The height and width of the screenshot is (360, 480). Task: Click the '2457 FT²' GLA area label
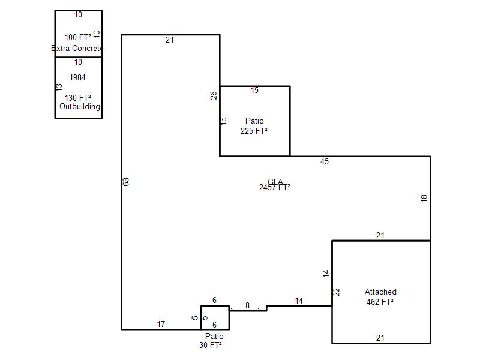pos(274,188)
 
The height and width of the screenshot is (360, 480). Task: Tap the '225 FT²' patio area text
pos(254,131)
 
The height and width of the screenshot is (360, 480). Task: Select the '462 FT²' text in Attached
pos(380,302)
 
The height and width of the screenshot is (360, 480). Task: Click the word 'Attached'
pos(380,292)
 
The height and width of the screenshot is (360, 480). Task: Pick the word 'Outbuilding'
pos(80,107)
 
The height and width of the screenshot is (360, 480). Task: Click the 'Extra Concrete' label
pos(77,49)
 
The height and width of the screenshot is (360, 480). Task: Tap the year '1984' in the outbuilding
pos(77,77)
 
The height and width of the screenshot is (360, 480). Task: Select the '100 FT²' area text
pos(78,38)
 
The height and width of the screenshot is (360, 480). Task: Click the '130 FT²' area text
pos(78,98)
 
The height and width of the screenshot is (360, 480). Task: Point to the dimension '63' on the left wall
pos(126,182)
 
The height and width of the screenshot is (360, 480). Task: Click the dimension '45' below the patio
pos(325,161)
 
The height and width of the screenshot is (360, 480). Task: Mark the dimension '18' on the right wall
pos(424,198)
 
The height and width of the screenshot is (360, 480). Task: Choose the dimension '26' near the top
pos(214,95)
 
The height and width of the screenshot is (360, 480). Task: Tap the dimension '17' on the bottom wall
pos(161,325)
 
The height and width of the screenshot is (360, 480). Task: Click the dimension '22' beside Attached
pos(337,292)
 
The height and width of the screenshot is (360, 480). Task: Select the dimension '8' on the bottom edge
pos(247,306)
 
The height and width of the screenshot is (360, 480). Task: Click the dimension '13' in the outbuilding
pos(59,87)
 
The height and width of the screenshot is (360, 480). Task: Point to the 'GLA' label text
pos(275,182)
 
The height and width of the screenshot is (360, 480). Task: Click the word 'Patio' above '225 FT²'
pos(254,121)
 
